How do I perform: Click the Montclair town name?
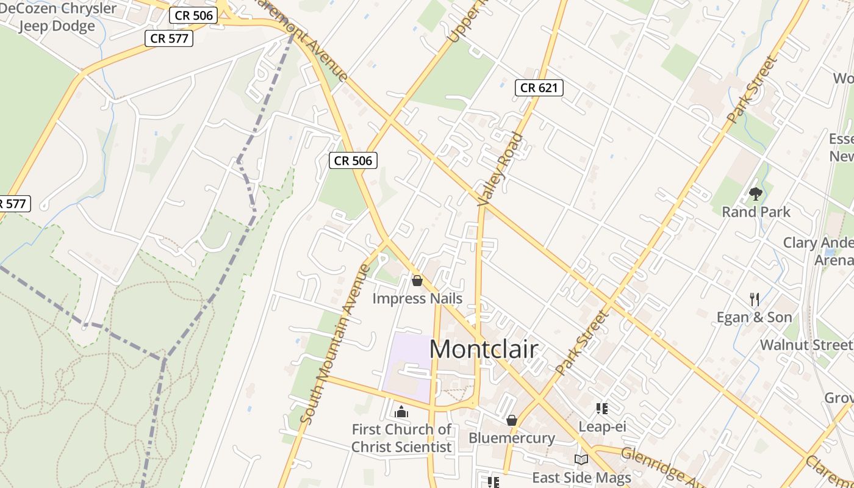tap(484, 349)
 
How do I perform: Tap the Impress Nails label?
tap(417, 298)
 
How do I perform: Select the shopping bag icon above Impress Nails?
tap(417, 281)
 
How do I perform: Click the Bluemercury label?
tap(511, 438)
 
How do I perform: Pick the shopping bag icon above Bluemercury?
tap(512, 420)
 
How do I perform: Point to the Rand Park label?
tap(756, 212)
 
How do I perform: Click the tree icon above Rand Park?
tap(756, 194)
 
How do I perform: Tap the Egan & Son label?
tap(754, 317)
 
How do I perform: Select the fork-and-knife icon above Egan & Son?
tap(755, 299)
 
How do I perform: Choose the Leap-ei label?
tap(602, 426)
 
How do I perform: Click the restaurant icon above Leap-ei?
tap(602, 409)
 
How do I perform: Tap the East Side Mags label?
tap(581, 477)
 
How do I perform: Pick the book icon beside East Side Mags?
tap(581, 459)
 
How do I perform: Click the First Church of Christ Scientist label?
tap(401, 438)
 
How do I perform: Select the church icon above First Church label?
tap(401, 412)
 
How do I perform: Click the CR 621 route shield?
tap(538, 88)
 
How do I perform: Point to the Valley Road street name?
tap(501, 169)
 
